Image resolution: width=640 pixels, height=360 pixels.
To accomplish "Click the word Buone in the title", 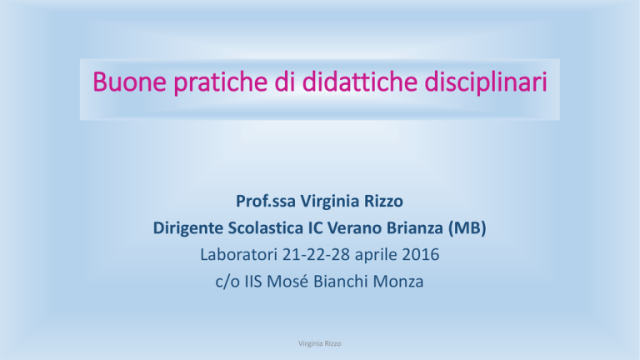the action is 130,82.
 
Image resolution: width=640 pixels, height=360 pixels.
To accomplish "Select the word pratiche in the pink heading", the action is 221,83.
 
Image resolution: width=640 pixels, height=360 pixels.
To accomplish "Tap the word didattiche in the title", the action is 360,81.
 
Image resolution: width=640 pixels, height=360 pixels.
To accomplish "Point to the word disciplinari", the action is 486,83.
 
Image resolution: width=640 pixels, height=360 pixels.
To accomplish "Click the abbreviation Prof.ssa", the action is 266,201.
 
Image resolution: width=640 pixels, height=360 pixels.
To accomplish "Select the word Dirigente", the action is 188,228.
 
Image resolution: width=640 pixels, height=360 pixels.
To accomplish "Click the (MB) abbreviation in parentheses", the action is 467,228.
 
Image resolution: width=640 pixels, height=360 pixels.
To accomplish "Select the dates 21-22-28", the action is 317,255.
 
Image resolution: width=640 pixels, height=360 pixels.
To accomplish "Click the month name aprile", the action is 376,256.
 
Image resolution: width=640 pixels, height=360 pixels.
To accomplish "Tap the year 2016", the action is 421,255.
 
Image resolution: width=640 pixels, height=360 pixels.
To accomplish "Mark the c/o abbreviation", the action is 227,282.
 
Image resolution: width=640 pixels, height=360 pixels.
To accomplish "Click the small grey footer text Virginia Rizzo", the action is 320,343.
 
